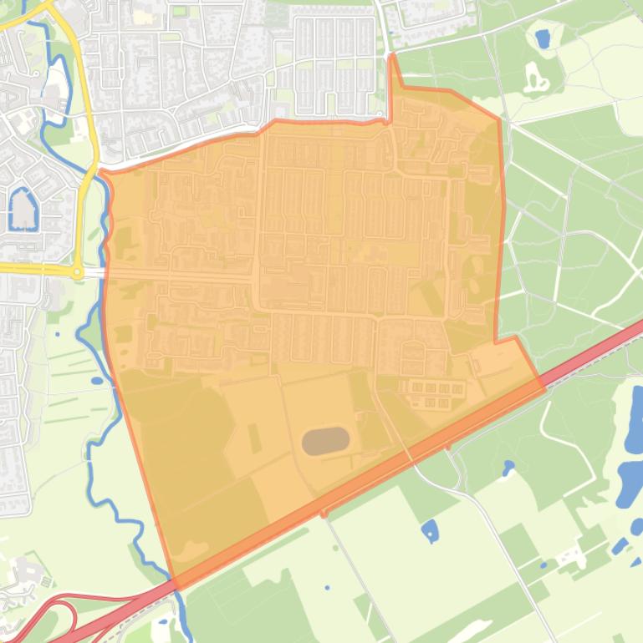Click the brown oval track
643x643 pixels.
click(x=325, y=441)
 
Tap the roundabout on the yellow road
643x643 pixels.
click(x=77, y=272)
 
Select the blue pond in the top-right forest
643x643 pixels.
click(x=542, y=38)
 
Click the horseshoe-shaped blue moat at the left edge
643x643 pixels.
click(x=22, y=209)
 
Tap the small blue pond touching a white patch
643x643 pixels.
click(x=619, y=547)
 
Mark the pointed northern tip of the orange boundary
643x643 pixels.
click(x=393, y=57)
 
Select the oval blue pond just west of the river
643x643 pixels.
click(x=96, y=381)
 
